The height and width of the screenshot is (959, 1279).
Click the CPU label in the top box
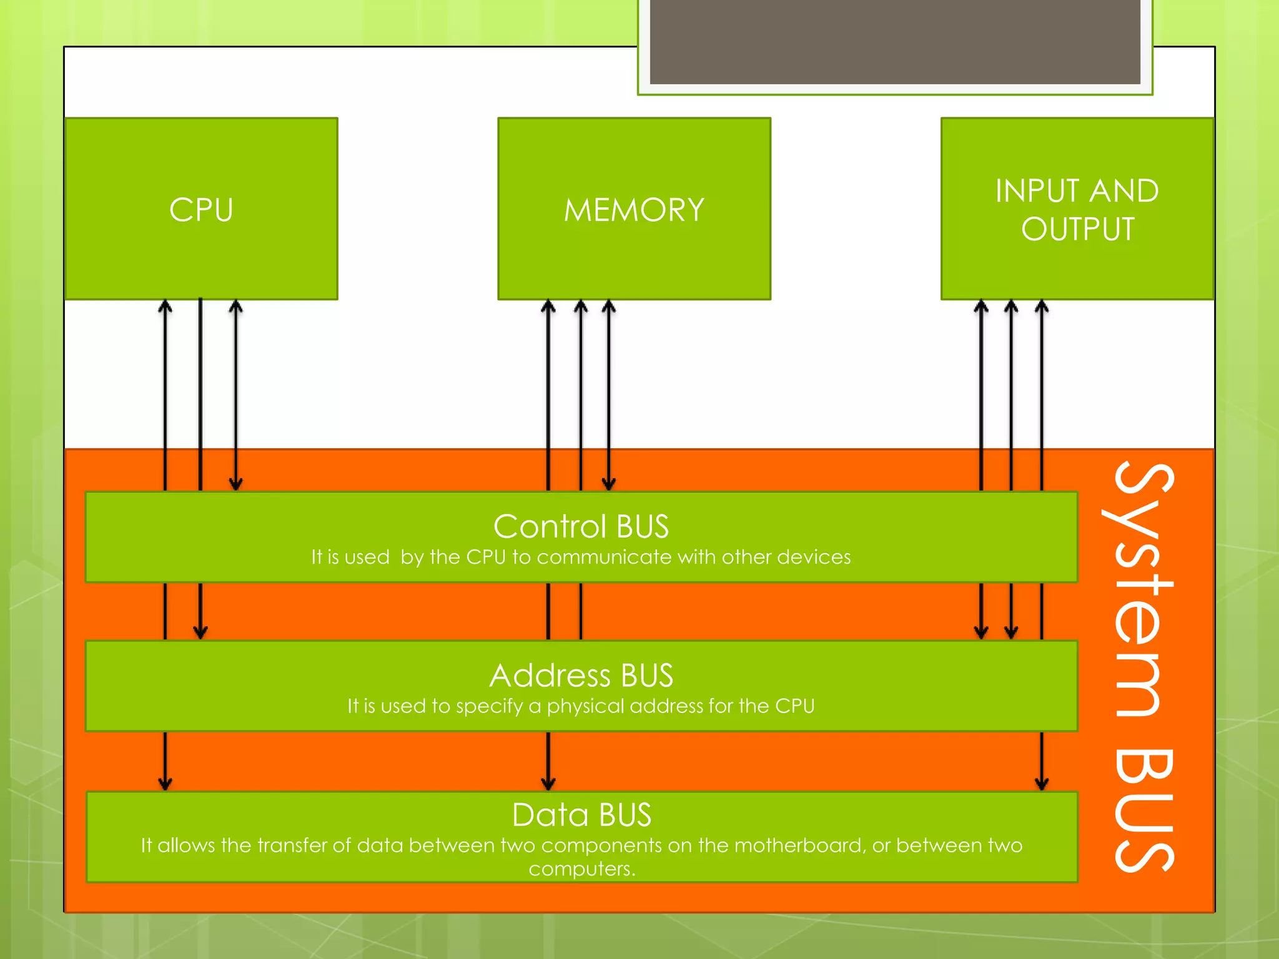(x=201, y=210)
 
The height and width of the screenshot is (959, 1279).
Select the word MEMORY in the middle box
(x=634, y=210)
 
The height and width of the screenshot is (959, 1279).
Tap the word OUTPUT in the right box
(x=1077, y=229)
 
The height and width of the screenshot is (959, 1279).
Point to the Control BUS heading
(x=581, y=526)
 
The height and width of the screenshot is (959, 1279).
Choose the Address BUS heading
(x=581, y=675)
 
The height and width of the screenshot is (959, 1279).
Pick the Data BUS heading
(x=581, y=814)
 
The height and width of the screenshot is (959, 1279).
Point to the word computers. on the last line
(x=581, y=869)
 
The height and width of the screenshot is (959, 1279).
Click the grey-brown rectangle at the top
(x=894, y=41)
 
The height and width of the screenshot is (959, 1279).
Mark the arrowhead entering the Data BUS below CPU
(x=165, y=783)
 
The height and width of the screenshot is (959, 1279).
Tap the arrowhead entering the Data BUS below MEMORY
(x=548, y=783)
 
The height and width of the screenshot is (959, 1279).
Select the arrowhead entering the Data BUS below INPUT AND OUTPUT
(x=1041, y=783)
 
